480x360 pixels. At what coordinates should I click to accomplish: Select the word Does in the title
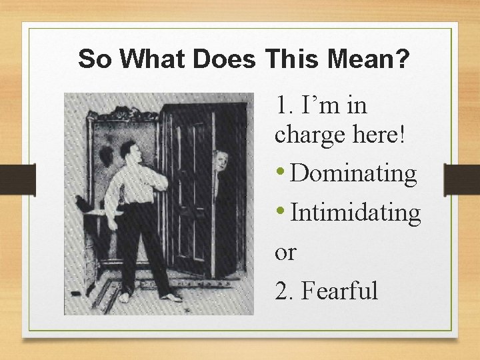(x=225, y=60)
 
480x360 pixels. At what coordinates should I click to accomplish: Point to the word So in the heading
(x=92, y=60)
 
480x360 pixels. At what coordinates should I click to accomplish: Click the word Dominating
(x=354, y=173)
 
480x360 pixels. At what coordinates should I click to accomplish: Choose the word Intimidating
(x=356, y=213)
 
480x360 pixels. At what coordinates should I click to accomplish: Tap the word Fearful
(x=340, y=291)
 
